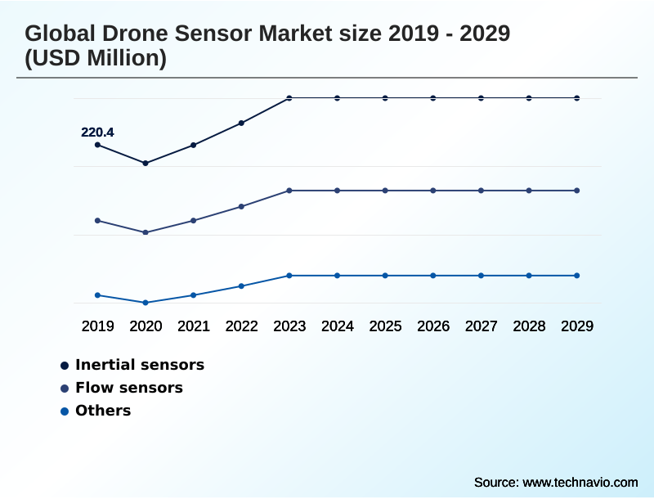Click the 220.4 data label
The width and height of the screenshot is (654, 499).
click(x=97, y=132)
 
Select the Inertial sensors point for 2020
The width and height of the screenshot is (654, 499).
click(x=146, y=164)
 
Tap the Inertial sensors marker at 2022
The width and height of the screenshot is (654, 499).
click(x=241, y=124)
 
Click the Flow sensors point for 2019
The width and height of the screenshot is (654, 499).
click(x=97, y=221)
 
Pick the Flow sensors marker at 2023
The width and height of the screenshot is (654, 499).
click(x=289, y=191)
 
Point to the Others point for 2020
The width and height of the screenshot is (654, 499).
click(x=146, y=303)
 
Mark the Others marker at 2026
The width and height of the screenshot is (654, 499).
click(x=433, y=276)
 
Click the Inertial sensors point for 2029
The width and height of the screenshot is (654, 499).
click(x=577, y=98)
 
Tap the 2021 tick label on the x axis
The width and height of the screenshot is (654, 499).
click(x=194, y=326)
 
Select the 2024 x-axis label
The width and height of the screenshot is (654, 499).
click(x=338, y=326)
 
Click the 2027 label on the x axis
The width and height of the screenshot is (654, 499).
click(x=482, y=326)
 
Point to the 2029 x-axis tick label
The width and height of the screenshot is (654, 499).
click(x=577, y=326)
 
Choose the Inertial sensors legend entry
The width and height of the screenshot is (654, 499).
click(x=140, y=365)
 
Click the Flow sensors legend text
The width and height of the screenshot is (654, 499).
click(x=129, y=388)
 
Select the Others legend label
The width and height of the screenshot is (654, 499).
click(x=103, y=411)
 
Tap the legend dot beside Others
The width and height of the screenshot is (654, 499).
click(x=65, y=411)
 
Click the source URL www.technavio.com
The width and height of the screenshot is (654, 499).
click(x=580, y=483)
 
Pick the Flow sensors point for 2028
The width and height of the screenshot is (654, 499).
click(x=529, y=191)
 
